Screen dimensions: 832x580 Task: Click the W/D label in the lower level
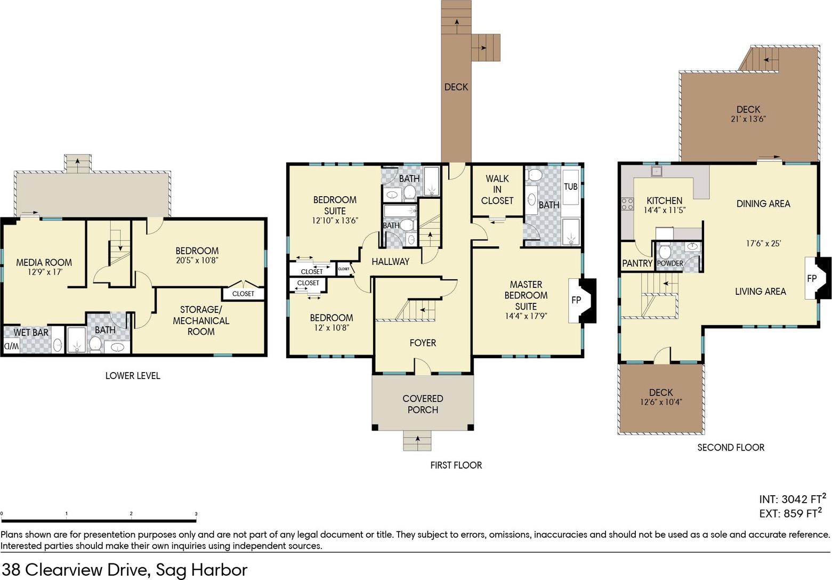pos(11,347)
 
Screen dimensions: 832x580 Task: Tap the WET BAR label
pos(31,332)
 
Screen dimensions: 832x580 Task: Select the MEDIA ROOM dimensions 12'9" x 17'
pos(45,272)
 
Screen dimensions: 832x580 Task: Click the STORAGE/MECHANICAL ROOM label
pos(201,320)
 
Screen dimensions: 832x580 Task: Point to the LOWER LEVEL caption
pos(133,376)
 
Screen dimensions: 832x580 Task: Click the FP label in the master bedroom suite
pos(576,300)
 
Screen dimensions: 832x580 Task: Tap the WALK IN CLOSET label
pos(497,189)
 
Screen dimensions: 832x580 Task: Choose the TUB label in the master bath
pos(570,187)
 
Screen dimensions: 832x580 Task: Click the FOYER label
pos(423,343)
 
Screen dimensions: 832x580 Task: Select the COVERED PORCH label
pos(423,404)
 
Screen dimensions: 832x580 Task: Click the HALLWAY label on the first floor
pos(390,262)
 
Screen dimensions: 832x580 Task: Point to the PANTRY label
pos(637,263)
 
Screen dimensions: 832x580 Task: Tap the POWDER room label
pos(670,263)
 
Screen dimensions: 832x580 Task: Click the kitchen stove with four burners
pos(627,204)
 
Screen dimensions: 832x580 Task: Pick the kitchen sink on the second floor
pos(656,171)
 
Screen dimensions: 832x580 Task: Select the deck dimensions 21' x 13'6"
pos(748,119)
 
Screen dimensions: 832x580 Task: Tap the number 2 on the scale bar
pos(131,513)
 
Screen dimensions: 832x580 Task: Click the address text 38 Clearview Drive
pos(77,570)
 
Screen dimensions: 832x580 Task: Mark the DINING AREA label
pos(763,204)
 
